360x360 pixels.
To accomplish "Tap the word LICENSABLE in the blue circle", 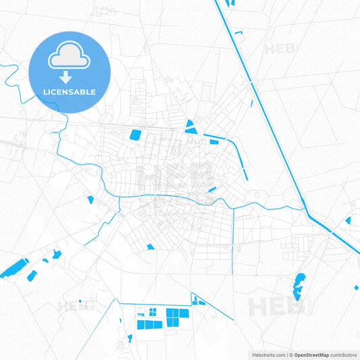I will pos(70,92).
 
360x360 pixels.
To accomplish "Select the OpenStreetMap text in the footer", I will pos(310,355).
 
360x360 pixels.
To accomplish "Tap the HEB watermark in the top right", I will pos(280,49).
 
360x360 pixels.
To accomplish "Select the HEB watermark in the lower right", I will pos(277,307).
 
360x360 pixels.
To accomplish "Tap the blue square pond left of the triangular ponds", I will pos(136,135).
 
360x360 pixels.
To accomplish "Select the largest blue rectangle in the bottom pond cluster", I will pos(178,314).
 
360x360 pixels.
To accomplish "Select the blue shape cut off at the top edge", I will pos(231,3).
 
